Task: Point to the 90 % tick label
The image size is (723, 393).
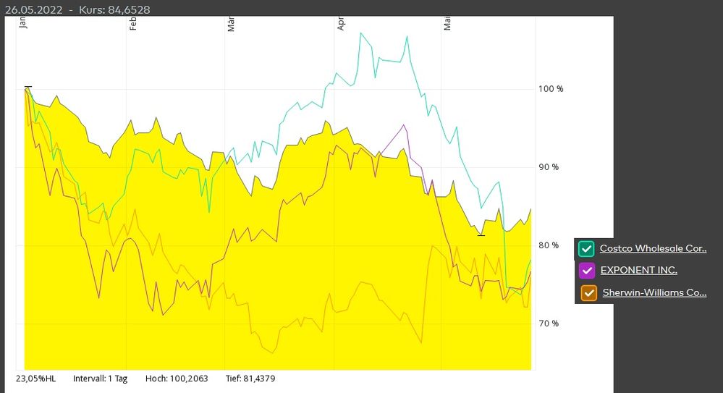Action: [549, 167]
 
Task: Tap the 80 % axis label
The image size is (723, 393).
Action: [549, 245]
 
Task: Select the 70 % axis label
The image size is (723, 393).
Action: [549, 324]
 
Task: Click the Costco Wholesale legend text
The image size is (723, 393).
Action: [653, 248]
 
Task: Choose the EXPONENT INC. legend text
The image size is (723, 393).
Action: [638, 270]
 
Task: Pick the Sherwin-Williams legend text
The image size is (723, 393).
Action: [654, 292]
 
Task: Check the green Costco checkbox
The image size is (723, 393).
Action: [587, 249]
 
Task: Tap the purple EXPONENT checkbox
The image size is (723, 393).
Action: [587, 271]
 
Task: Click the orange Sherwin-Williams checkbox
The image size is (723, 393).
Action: [589, 293]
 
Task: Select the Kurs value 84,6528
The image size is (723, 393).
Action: [130, 9]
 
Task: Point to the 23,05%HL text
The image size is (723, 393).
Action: [35, 379]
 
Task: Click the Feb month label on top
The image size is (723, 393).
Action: [133, 25]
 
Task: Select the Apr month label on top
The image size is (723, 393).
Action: [340, 25]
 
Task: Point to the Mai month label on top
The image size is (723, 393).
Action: [448, 25]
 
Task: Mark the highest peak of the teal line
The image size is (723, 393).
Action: [360, 33]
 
